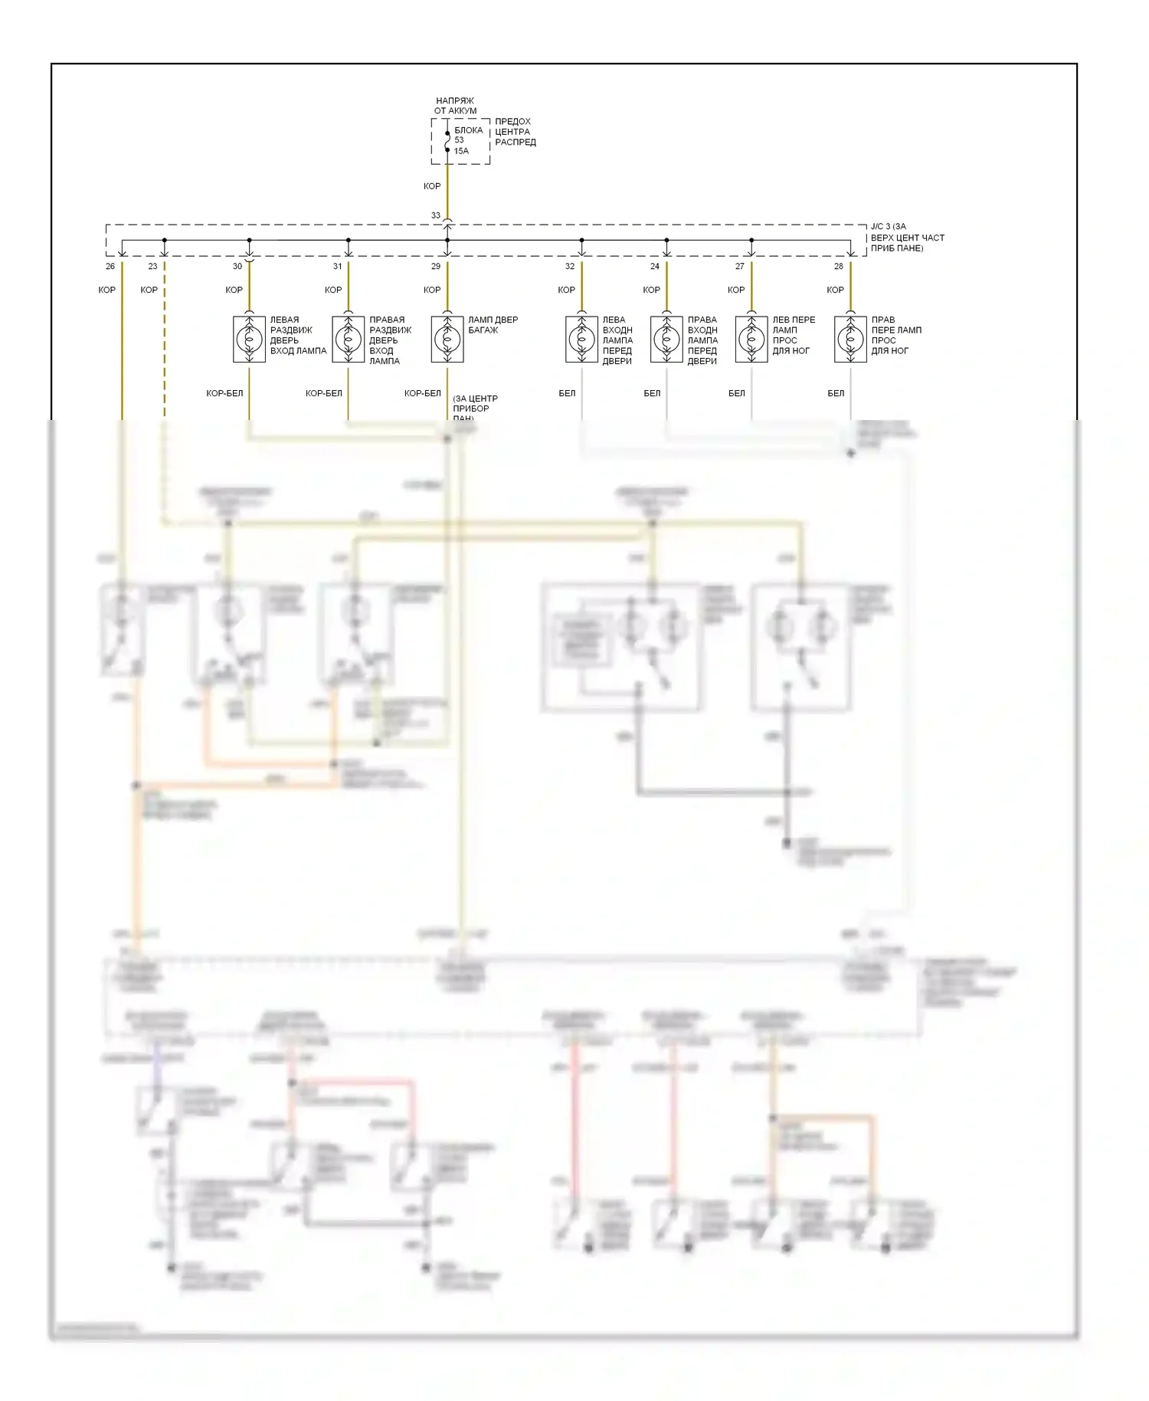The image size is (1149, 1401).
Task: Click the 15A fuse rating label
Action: (461, 151)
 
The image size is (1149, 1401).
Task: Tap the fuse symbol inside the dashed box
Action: (447, 140)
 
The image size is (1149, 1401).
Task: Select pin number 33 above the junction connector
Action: (436, 215)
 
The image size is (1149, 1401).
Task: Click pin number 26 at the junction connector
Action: (110, 266)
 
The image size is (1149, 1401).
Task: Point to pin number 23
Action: (152, 266)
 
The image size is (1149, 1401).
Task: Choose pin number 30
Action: (237, 266)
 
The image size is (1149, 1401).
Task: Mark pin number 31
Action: (337, 266)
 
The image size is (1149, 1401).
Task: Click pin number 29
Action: (436, 266)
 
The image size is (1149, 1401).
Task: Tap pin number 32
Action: (570, 266)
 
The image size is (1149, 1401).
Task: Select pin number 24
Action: (655, 266)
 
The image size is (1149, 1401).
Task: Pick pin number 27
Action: (739, 266)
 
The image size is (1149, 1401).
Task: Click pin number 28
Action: (839, 266)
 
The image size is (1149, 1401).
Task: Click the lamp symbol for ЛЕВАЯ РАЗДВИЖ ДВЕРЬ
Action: (249, 339)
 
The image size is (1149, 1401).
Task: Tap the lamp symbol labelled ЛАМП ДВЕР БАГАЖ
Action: (447, 339)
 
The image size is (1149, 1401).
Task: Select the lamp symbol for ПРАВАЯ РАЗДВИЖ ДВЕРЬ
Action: (349, 339)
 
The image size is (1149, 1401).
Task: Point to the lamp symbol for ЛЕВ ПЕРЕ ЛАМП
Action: (751, 339)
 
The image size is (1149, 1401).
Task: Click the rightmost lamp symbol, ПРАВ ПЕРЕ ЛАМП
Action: (850, 339)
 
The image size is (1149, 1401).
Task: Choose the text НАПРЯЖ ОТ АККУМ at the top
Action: (455, 106)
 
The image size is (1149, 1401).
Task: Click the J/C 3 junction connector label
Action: (907, 238)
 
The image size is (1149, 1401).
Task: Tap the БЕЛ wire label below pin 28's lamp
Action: (836, 393)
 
